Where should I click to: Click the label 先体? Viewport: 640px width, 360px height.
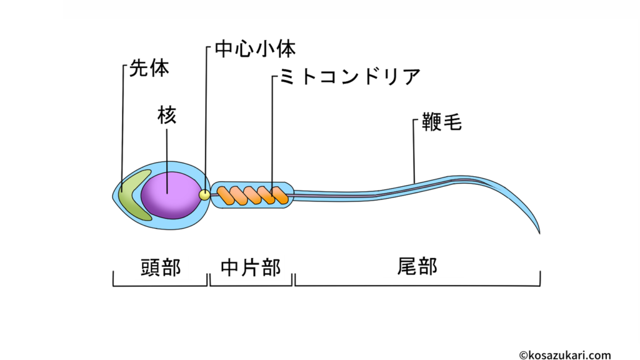(x=149, y=68)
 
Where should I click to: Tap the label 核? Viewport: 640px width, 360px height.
(x=167, y=116)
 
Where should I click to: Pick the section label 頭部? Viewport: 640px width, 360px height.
(x=161, y=267)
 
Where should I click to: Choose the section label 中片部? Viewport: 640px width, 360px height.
(x=251, y=267)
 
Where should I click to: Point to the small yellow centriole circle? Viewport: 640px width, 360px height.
(x=204, y=195)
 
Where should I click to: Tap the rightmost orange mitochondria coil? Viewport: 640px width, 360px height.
(x=279, y=196)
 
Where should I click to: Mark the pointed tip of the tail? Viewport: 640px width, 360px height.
(x=539, y=233)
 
